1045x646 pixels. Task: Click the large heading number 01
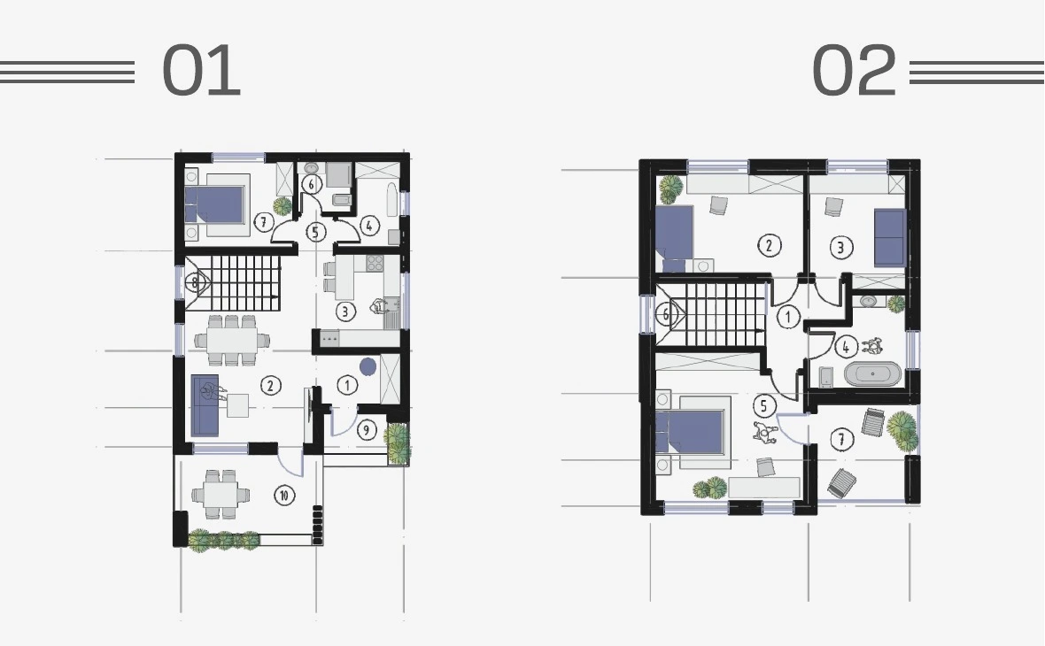pyautogui.click(x=201, y=70)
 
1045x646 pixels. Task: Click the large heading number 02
pyautogui.click(x=855, y=70)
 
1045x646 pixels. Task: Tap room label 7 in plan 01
pyautogui.click(x=264, y=222)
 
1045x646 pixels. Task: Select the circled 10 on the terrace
pyautogui.click(x=284, y=495)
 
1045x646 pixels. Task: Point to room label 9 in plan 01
pyautogui.click(x=366, y=430)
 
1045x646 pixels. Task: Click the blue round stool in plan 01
pyautogui.click(x=368, y=366)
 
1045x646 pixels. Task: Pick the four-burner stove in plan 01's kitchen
pyautogui.click(x=375, y=263)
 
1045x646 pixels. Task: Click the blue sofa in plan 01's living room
pyautogui.click(x=205, y=405)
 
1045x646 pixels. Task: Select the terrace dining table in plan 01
pyautogui.click(x=221, y=495)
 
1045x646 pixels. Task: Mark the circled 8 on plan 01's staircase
pyautogui.click(x=195, y=283)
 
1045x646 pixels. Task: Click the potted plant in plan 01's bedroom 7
pyautogui.click(x=282, y=206)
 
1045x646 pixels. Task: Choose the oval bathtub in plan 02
pyautogui.click(x=872, y=374)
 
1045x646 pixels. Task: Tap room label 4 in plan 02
pyautogui.click(x=846, y=347)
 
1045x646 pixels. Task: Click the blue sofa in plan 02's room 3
pyautogui.click(x=890, y=237)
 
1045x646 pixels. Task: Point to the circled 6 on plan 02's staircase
pyautogui.click(x=665, y=314)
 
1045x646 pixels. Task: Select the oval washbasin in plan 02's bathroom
pyautogui.click(x=869, y=301)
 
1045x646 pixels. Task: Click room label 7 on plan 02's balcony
pyautogui.click(x=841, y=440)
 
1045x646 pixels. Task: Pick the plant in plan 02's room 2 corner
pyautogui.click(x=670, y=189)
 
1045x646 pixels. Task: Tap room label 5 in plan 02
pyautogui.click(x=763, y=405)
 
